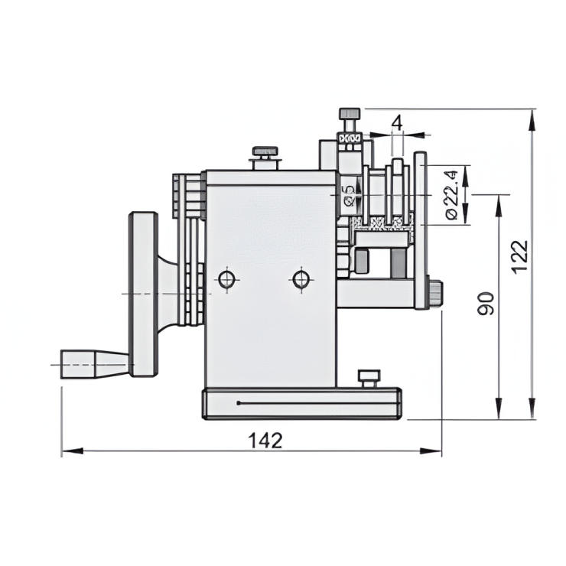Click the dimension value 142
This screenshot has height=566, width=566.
pos(265,440)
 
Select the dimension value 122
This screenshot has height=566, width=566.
pos(519,256)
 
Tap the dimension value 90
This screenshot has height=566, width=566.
pos(486,303)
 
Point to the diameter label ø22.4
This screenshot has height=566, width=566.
pos(452,196)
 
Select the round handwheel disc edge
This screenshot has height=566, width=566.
pos(143,294)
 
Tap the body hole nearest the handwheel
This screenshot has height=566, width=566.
pos(227,279)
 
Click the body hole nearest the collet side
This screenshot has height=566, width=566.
pos(301,279)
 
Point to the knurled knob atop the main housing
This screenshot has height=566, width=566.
pos(265,151)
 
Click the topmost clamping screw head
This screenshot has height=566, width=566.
pos(350,114)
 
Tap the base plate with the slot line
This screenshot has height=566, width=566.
pos(302,403)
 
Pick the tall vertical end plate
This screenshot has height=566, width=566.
pos(421,229)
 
